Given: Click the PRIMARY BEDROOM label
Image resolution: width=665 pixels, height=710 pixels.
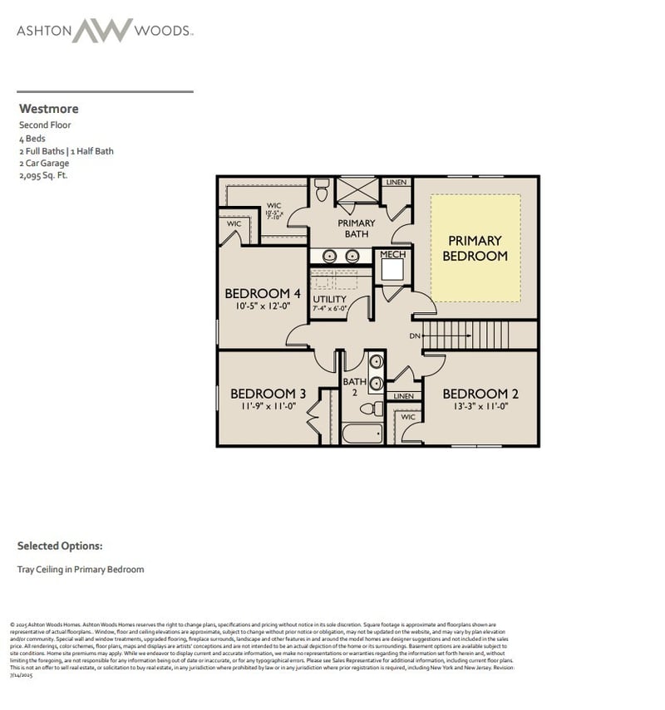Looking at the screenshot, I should [475, 248].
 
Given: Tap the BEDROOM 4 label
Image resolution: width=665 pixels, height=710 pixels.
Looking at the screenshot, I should [263, 293].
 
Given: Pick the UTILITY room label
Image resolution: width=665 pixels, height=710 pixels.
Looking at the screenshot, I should [330, 299].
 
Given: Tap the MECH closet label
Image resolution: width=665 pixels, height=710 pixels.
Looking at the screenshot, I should [392, 254].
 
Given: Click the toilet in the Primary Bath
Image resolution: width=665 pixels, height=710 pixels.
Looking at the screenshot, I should [322, 189].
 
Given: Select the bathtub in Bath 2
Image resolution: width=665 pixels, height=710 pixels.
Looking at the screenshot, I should [362, 433].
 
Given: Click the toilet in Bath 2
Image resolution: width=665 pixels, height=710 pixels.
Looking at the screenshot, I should [376, 409].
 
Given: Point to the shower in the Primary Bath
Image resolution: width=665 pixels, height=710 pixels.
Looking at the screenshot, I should [357, 189].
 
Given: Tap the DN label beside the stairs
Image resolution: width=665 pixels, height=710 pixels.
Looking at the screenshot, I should [415, 335].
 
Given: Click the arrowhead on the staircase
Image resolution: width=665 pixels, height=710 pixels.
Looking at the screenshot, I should [426, 335].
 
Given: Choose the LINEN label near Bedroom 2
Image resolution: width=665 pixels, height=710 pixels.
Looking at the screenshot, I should [404, 396].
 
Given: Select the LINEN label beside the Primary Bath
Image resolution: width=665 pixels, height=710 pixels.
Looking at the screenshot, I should [396, 182].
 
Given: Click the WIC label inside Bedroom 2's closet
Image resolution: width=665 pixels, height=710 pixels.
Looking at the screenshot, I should [408, 416].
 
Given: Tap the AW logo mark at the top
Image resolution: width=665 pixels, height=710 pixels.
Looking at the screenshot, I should [102, 31].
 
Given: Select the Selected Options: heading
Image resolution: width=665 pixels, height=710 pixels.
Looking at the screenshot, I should [60, 546].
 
